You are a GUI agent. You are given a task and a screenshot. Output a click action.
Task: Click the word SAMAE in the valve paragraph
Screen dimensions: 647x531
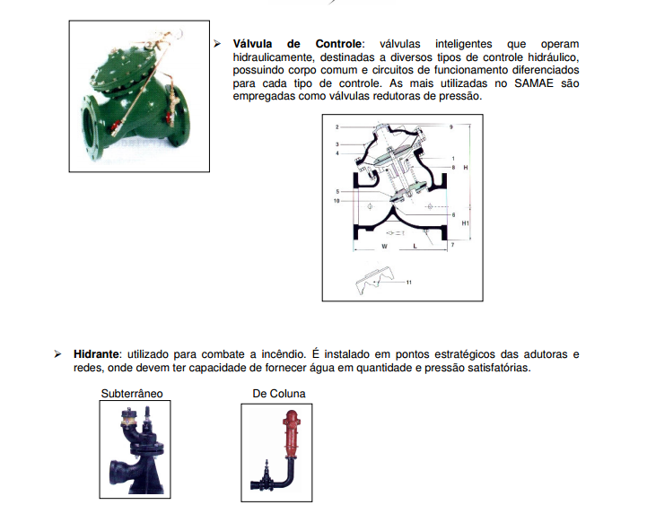click(534, 83)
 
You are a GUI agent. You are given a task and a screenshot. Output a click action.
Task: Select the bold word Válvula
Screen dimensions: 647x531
click(252, 44)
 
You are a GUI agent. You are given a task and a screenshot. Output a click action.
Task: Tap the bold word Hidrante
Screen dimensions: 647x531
click(96, 354)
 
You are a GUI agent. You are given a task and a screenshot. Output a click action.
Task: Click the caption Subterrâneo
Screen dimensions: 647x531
click(132, 394)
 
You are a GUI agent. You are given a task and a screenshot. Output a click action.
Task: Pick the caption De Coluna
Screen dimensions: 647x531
click(279, 394)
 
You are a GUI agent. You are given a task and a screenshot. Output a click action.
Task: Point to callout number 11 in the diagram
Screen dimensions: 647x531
click(409, 283)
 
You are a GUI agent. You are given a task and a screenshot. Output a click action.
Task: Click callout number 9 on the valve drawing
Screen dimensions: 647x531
click(451, 127)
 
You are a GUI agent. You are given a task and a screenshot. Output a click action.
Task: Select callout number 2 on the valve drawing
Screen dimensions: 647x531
click(337, 127)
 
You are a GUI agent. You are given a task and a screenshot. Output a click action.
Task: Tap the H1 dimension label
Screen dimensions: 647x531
click(465, 223)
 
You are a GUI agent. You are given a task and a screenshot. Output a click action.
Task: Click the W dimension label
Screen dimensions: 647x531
click(385, 247)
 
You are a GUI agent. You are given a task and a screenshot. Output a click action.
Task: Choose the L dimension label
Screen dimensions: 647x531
click(415, 247)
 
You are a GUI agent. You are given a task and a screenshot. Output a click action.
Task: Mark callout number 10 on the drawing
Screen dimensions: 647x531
click(337, 201)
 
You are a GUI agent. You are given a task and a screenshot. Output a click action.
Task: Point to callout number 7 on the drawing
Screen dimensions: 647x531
click(452, 245)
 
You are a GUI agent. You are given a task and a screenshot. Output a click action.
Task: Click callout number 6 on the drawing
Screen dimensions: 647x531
click(453, 215)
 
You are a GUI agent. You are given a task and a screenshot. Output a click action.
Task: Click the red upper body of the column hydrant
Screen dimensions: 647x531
click(291, 433)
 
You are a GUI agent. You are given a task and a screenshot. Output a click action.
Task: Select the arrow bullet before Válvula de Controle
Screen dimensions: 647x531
click(217, 44)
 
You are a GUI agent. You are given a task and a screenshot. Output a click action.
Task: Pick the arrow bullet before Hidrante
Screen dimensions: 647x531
click(57, 354)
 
